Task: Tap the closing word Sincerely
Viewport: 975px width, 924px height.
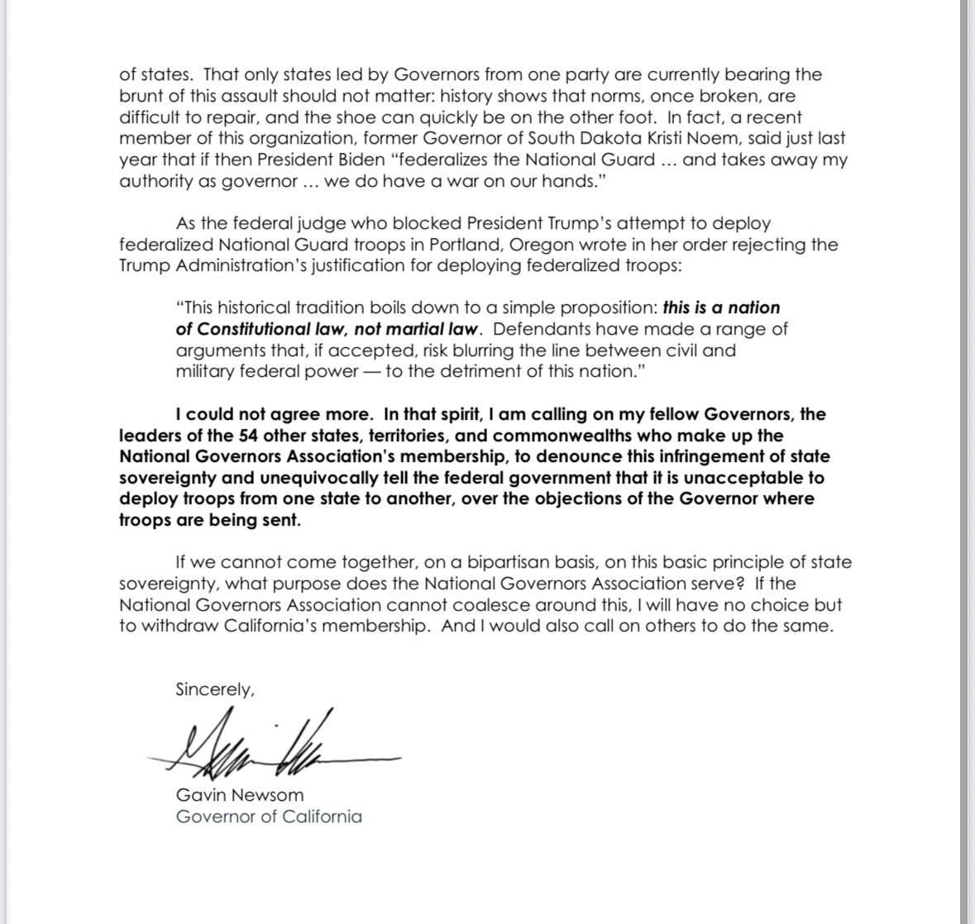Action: point(214,689)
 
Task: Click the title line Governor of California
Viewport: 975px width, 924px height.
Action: point(269,817)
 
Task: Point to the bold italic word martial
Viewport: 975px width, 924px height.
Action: point(418,330)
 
